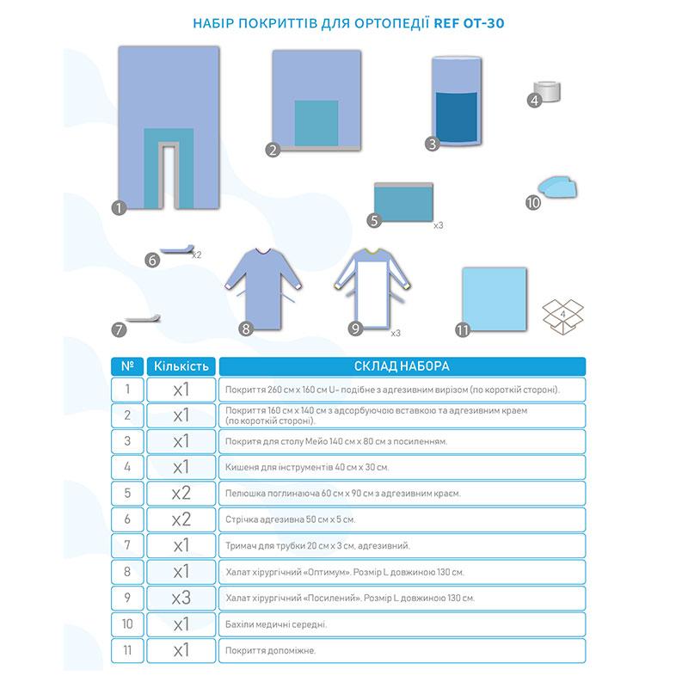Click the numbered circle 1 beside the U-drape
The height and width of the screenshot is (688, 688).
coord(120,206)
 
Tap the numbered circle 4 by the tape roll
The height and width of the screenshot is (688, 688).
coord(534,101)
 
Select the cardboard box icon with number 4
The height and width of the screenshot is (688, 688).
coord(563,316)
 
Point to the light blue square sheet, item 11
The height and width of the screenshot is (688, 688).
coord(494,296)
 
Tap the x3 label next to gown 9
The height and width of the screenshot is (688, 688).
coord(396,332)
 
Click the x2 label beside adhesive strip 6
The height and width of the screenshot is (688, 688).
coord(196,255)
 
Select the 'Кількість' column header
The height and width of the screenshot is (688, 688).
coord(181,366)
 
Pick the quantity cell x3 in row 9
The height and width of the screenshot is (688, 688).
coord(181,597)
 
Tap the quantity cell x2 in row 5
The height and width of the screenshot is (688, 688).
coord(181,494)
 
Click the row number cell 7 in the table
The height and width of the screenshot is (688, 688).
coord(127,545)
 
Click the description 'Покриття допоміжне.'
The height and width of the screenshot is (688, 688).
coord(269,650)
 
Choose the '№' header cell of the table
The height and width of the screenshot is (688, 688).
coord(127,366)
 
